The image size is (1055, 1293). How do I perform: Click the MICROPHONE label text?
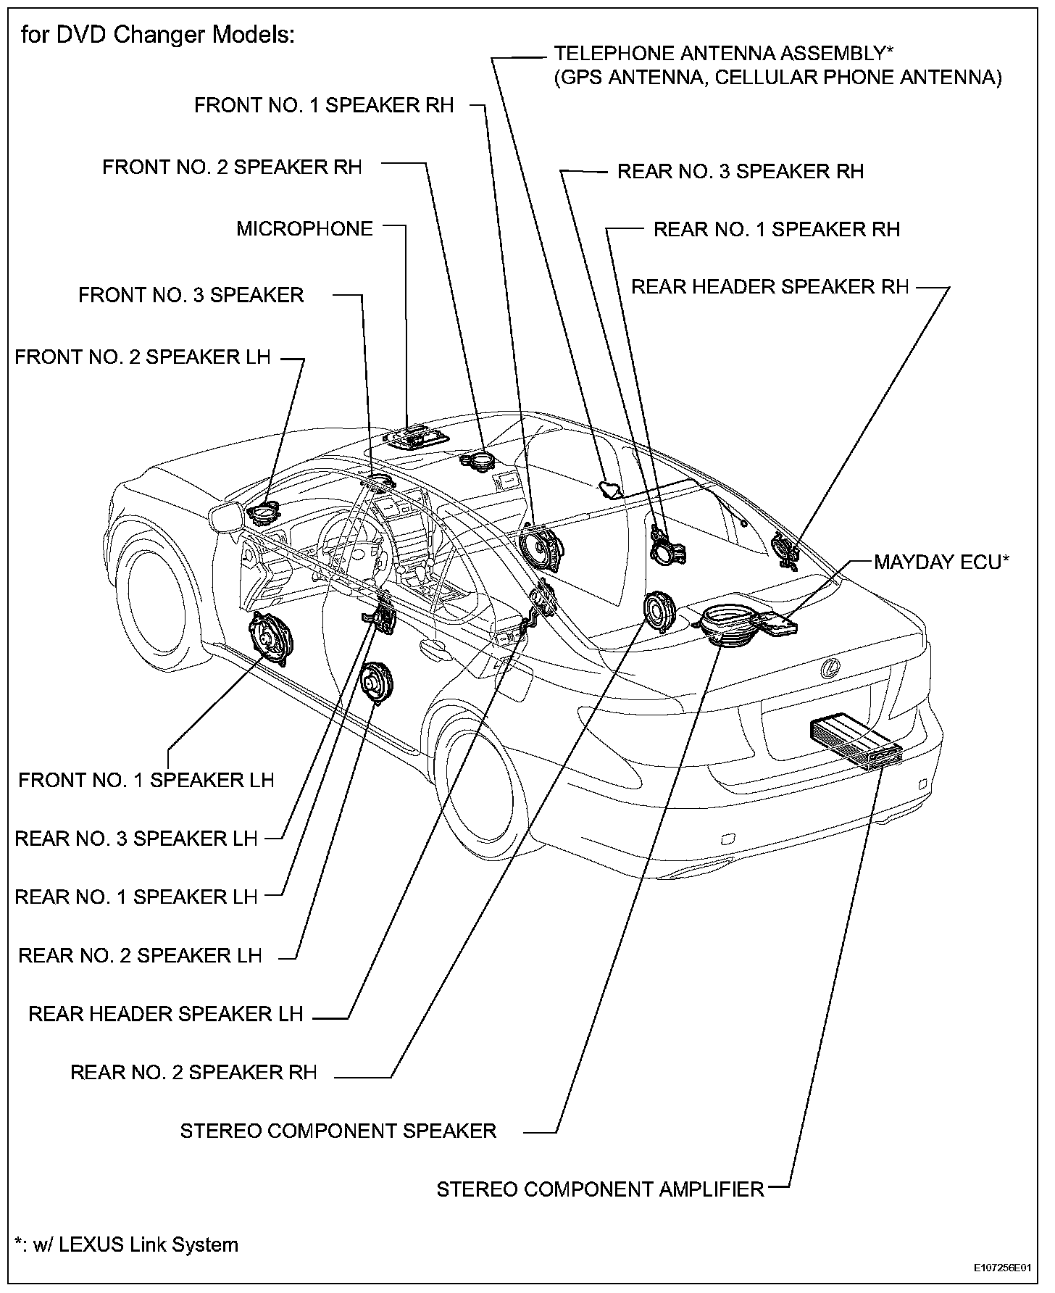pos(304,229)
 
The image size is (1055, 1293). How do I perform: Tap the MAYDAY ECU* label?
pos(941,562)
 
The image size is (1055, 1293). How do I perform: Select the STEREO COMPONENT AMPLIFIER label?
pos(600,1189)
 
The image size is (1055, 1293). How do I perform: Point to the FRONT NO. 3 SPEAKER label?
pos(191,295)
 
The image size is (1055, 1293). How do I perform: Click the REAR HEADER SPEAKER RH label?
pos(770,287)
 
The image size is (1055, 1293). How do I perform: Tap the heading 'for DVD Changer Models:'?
pos(158,35)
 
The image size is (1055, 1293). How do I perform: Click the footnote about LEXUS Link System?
pos(127,1244)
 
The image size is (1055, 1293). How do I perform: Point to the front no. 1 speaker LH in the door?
pos(272,637)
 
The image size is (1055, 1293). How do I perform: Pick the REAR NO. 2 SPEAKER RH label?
pos(193,1073)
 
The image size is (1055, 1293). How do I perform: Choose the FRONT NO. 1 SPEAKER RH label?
pos(324,106)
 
